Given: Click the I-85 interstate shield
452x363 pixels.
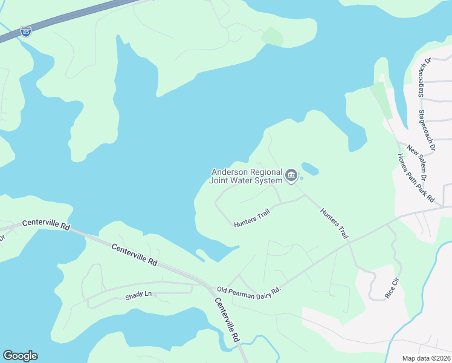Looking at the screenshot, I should (x=25, y=31).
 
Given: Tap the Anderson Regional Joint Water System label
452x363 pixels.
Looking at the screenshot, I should (x=246, y=176).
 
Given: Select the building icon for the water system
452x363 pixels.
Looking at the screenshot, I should (x=291, y=176).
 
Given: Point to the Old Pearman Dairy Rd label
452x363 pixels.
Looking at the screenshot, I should (x=250, y=291).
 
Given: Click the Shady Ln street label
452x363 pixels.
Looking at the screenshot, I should (x=138, y=295).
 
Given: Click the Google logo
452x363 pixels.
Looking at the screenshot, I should (x=21, y=356).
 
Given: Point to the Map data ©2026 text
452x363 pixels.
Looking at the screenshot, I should (x=426, y=358).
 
